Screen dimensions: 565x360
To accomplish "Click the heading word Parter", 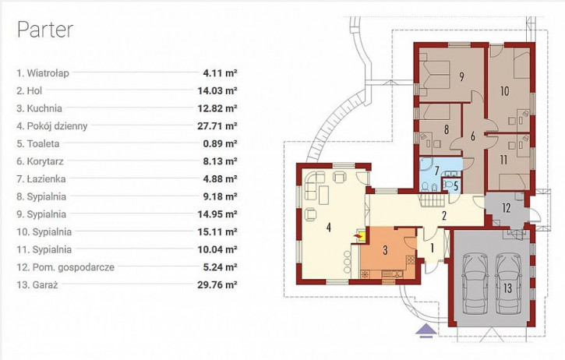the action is tap(45, 30).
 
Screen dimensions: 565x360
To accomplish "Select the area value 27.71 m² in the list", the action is tap(217, 126).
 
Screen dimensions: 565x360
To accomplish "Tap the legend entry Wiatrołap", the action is tap(43, 73).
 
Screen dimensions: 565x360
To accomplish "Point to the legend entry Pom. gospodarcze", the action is tap(65, 267).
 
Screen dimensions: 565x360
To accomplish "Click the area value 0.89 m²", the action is tap(220, 144).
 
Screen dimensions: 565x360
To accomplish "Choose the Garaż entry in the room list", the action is tap(37, 285).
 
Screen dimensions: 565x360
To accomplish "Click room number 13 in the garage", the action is tap(507, 288).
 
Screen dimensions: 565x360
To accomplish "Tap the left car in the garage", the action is tap(475, 283).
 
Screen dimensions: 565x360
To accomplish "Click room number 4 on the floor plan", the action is tap(328, 228).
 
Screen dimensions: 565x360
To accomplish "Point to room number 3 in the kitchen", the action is tap(385, 249).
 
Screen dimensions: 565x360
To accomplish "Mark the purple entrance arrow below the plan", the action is tap(426, 330).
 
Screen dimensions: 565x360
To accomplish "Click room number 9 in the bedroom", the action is tap(461, 77).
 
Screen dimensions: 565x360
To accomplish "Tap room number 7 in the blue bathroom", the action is tap(436, 170).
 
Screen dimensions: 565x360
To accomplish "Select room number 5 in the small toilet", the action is tap(456, 186).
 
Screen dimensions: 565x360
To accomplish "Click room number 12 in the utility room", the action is tap(507, 208).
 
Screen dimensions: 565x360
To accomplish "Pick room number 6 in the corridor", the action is tap(473, 136).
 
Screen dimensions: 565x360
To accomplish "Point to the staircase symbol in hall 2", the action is tap(433, 199).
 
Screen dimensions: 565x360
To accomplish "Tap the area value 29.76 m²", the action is tap(217, 285).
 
